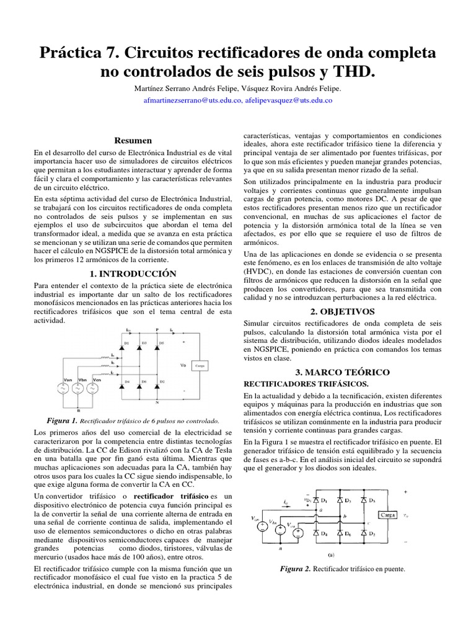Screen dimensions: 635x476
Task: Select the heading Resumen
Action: (134, 141)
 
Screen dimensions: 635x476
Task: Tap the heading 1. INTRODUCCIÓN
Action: (134, 273)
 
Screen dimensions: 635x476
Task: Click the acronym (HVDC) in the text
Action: (260, 272)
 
